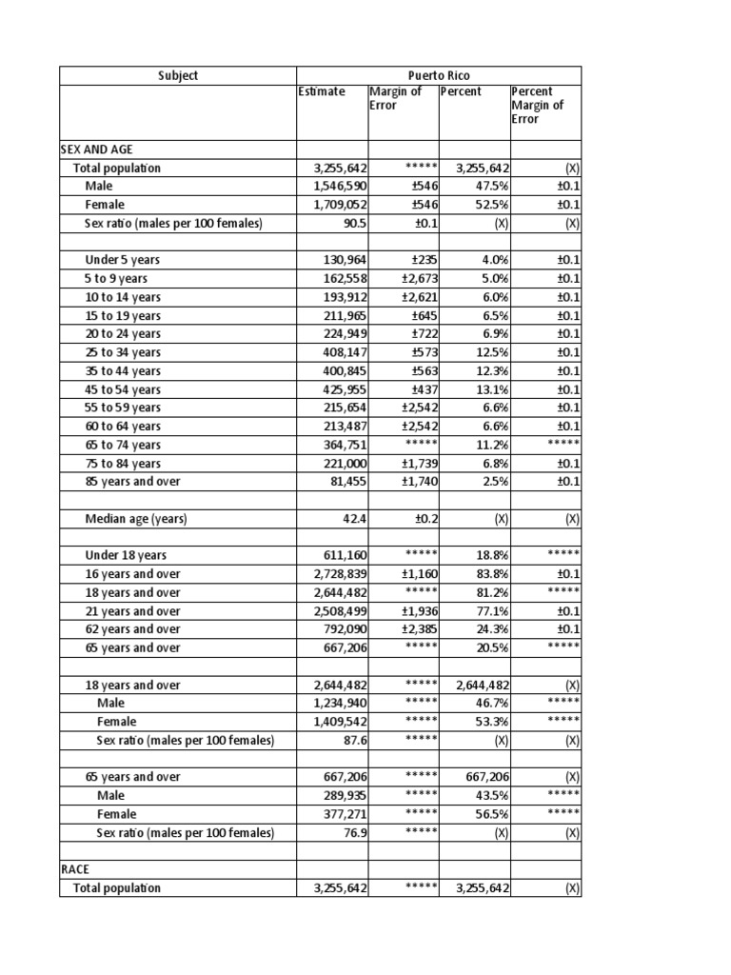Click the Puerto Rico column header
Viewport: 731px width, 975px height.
439,75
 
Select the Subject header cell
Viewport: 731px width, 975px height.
178,75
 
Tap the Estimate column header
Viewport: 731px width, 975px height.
322,92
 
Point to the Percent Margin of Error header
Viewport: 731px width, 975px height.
537,106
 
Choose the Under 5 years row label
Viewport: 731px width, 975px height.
124,260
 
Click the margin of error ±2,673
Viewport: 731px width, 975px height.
417,279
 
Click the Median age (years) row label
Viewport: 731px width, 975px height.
136,519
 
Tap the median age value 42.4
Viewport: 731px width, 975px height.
354,519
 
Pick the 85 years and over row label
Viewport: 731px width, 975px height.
132,482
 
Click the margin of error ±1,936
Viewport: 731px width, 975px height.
417,611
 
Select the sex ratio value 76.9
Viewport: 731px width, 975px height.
354,833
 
